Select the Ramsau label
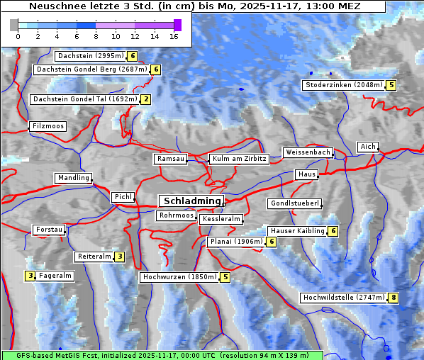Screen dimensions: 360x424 171,159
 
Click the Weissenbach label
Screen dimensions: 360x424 307,152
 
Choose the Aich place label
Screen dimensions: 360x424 368,147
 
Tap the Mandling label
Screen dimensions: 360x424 74,178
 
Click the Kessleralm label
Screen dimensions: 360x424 222,220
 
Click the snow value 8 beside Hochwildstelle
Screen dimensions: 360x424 393,298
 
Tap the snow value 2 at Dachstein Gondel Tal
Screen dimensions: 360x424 145,99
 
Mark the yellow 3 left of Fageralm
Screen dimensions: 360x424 30,276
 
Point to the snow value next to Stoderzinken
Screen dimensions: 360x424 391,85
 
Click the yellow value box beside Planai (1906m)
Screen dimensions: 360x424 271,242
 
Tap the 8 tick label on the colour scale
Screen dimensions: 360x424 96,35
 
